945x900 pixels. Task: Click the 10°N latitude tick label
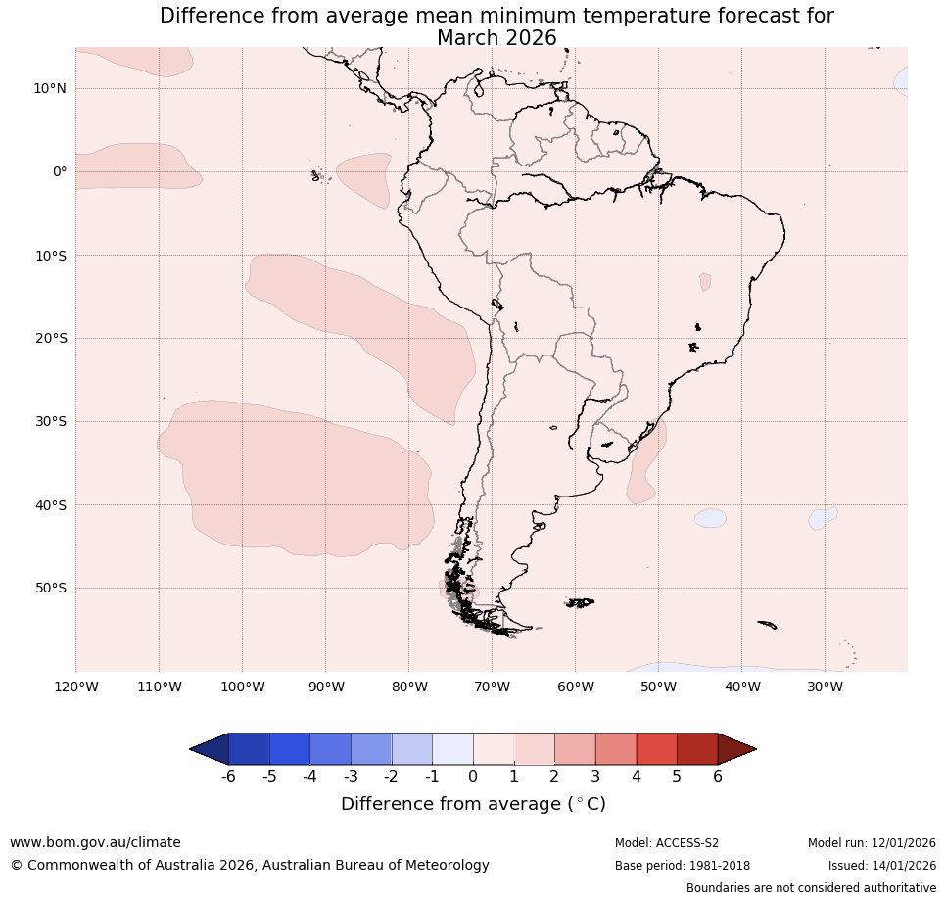(49, 88)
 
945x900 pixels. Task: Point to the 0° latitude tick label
(60, 171)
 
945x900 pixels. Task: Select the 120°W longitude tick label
(76, 687)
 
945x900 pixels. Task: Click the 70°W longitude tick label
(493, 687)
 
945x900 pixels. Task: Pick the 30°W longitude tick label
(825, 687)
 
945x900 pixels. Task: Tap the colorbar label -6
(228, 777)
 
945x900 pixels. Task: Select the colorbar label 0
(473, 777)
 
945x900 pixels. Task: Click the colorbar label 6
(718, 777)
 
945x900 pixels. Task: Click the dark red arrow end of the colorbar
(735, 749)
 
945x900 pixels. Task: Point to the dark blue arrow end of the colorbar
(210, 749)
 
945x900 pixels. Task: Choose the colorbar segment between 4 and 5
(656, 749)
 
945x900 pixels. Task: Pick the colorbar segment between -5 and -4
(290, 749)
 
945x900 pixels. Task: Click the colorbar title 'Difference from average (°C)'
(473, 804)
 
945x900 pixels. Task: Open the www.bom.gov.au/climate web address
(95, 842)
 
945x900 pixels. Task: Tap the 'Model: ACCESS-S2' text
(667, 843)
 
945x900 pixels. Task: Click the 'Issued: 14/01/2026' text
(881, 866)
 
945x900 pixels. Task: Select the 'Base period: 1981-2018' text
(683, 866)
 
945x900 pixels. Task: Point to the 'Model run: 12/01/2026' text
(872, 843)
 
